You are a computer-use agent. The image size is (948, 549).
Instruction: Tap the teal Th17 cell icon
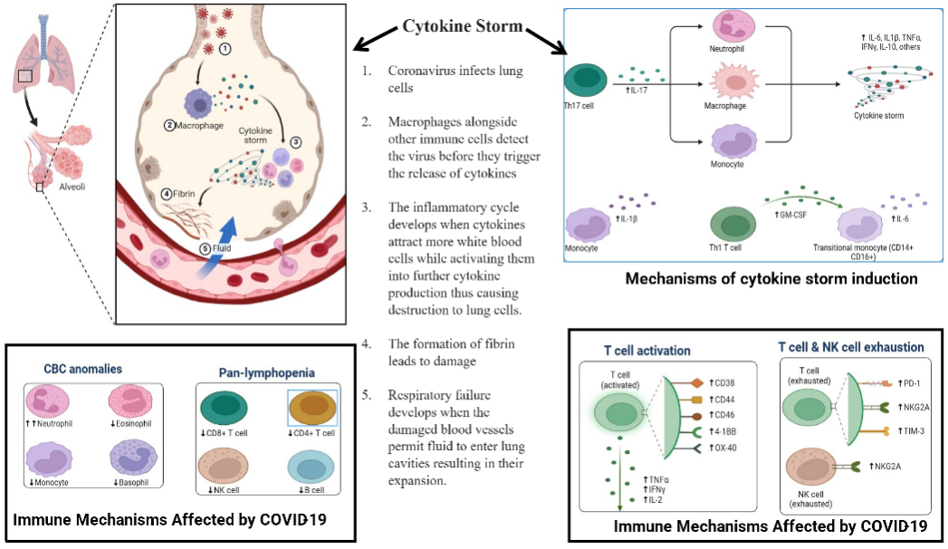(x=585, y=81)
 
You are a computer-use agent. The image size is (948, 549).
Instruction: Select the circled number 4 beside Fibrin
(x=167, y=194)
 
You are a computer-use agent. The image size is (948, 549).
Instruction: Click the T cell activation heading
(x=646, y=350)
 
